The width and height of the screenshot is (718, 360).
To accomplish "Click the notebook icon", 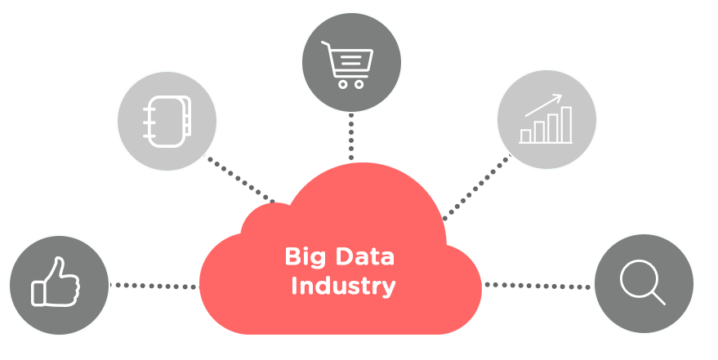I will (167, 121).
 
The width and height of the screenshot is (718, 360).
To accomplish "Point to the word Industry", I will (343, 287).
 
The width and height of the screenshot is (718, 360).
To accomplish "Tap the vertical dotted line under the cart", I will (351, 136).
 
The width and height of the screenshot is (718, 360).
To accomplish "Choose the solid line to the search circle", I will (535, 286).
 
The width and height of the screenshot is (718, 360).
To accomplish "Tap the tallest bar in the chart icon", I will (564, 127).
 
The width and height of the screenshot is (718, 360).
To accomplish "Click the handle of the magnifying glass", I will (656, 297).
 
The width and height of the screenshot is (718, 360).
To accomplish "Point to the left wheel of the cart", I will (341, 83).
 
